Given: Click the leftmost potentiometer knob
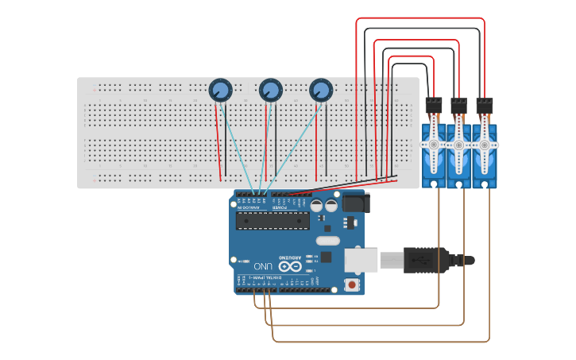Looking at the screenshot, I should pos(220,91).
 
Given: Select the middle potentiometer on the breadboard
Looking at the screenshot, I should pos(270,91).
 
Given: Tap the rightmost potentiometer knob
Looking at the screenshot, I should pos(321,91).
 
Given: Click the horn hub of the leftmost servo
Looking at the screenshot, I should pos(433,145).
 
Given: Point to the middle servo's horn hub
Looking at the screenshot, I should pos(458,145).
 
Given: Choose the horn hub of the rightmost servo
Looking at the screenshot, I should pos(484,145).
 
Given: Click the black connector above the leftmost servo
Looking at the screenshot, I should pos(434,106).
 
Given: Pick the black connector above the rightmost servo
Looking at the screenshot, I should pos(485,106).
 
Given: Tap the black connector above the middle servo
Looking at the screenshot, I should pos(459,106).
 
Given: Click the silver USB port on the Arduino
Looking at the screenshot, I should pos(361,260).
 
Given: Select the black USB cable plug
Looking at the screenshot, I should pos(421,260).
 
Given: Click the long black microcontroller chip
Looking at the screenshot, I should pos(271,220).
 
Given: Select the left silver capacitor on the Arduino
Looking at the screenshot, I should pos(316,205).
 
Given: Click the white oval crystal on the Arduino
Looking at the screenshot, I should pos(327,241).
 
